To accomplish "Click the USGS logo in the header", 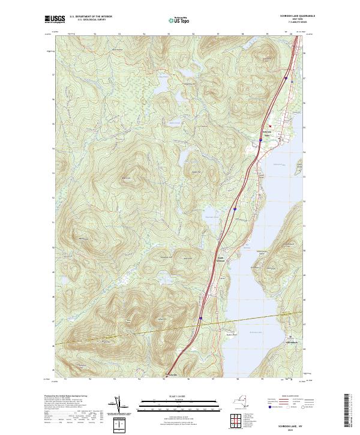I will click(x=55, y=20).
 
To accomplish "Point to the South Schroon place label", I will click(x=220, y=259).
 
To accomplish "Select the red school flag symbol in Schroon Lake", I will click(x=271, y=126).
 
